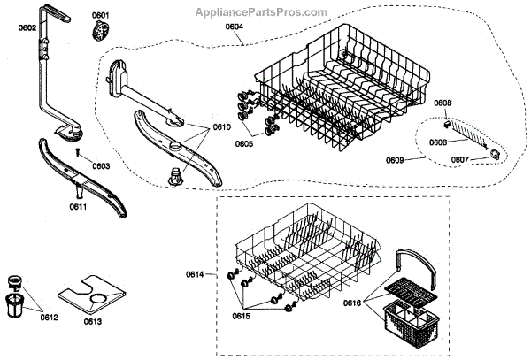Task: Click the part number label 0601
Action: click(101, 16)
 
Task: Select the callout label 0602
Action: click(27, 27)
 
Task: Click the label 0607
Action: click(459, 159)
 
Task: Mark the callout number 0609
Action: click(395, 161)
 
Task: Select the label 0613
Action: click(92, 320)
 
